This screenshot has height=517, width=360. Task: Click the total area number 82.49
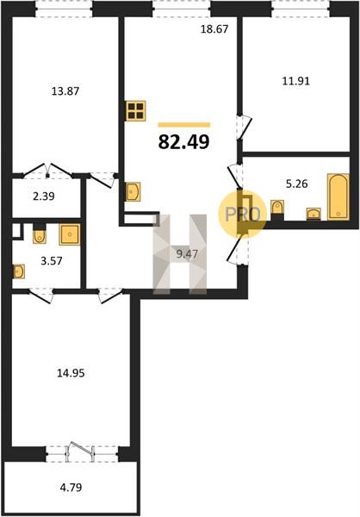(184, 142)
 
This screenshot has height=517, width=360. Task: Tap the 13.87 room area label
(65, 91)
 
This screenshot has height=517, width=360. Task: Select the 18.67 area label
(214, 29)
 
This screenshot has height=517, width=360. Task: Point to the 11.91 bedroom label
(296, 81)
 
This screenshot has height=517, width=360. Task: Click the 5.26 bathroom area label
(297, 184)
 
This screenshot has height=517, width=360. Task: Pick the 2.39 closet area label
(44, 196)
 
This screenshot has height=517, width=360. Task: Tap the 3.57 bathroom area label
(52, 261)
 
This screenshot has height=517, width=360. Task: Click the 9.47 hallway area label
(187, 254)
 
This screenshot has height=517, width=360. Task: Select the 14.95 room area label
(71, 373)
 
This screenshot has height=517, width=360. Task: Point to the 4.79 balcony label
(71, 487)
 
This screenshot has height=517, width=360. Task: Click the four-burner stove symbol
(136, 111)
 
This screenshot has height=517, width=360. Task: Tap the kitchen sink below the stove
(133, 191)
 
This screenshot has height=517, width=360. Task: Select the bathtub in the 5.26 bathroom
(338, 196)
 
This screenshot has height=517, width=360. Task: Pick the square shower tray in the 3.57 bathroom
(70, 234)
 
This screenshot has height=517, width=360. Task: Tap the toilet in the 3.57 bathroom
(40, 234)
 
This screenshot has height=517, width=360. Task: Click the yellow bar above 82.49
(184, 125)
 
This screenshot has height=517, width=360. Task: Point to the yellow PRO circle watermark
(242, 214)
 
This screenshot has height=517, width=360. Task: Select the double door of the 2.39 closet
(48, 171)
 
